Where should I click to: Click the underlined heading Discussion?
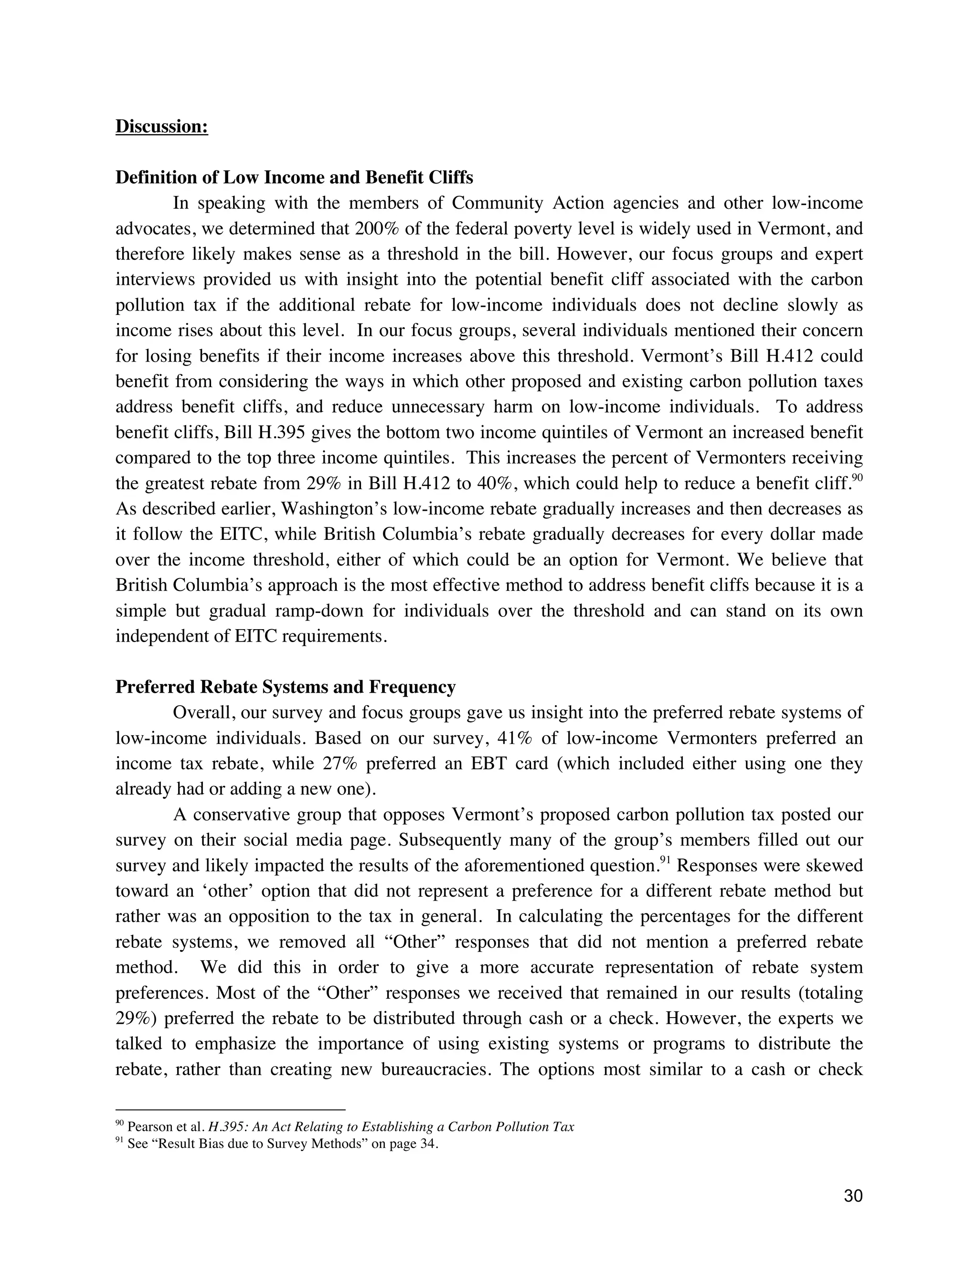click(x=162, y=127)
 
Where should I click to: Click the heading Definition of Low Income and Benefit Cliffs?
click(x=294, y=177)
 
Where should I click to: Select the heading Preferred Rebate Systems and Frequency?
click(x=285, y=687)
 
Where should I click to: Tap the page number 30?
click(x=853, y=1196)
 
